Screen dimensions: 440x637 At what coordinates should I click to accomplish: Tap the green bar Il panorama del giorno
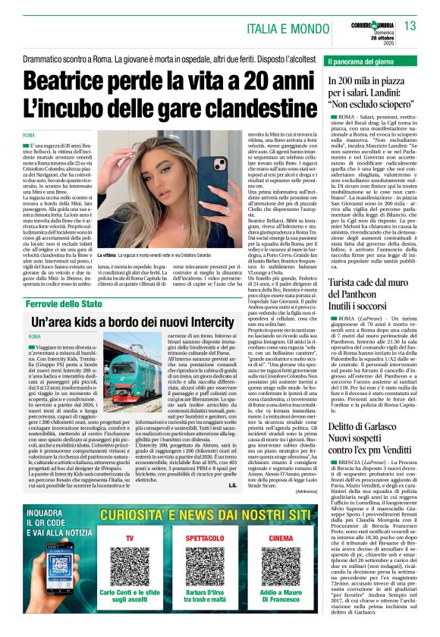pos(372,60)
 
